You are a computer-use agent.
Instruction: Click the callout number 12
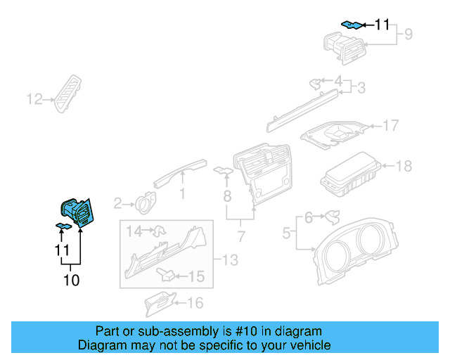click(34, 99)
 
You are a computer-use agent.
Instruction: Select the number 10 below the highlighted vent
click(71, 281)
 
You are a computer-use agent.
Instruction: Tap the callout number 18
click(404, 167)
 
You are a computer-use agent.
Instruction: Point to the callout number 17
click(390, 127)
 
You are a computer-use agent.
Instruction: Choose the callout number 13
click(230, 261)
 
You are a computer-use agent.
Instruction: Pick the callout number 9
click(407, 33)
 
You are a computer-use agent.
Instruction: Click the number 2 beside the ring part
click(118, 204)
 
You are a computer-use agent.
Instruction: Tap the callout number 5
click(286, 231)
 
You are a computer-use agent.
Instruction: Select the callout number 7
click(240, 234)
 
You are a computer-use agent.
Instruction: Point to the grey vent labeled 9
click(345, 49)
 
